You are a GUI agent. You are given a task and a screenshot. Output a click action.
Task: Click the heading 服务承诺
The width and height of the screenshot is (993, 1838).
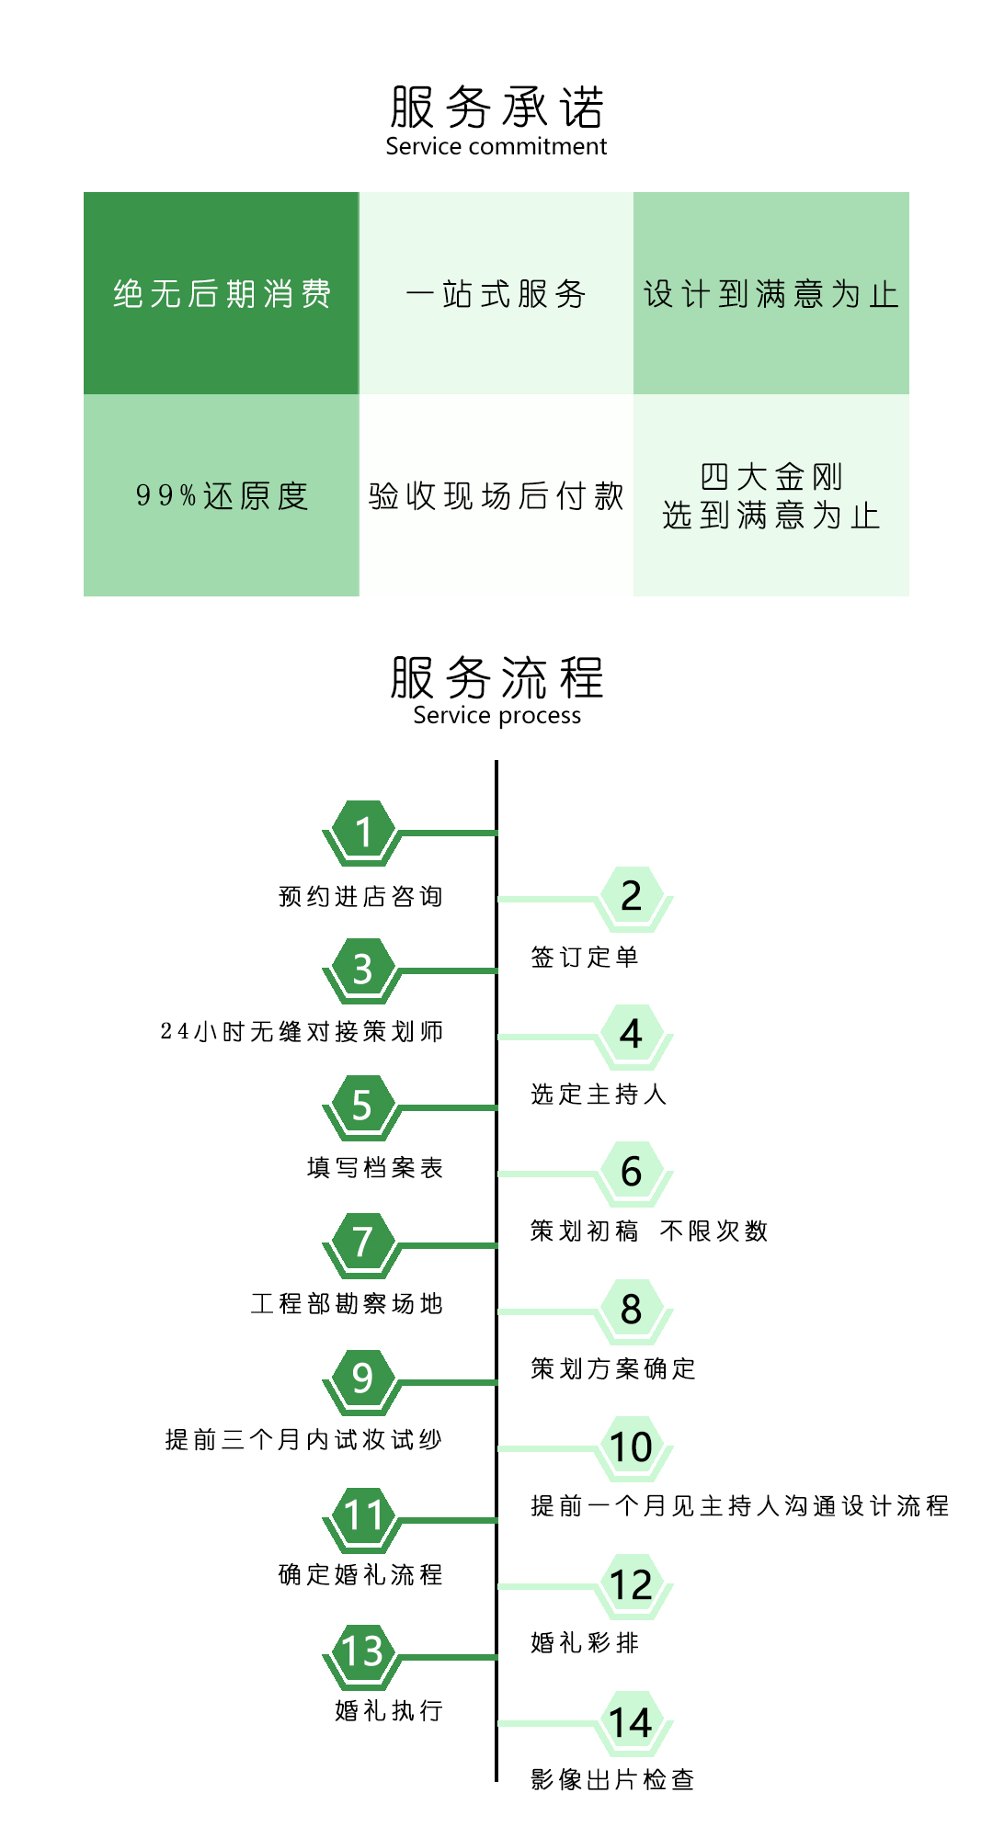[496, 107]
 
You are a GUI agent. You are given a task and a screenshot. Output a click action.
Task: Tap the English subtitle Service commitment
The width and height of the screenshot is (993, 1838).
[496, 147]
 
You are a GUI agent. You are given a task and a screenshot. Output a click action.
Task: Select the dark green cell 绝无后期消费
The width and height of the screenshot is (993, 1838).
[222, 293]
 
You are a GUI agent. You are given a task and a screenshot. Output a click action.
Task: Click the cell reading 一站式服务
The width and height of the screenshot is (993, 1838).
[496, 293]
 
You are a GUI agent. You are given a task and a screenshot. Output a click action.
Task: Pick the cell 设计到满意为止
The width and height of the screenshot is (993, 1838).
[771, 293]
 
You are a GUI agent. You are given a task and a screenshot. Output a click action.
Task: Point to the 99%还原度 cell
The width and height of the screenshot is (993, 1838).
[222, 495]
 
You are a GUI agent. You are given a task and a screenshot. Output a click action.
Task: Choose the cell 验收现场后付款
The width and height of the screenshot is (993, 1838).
[496, 495]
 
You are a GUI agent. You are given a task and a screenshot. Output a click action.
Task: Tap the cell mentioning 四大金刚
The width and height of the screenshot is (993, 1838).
[771, 495]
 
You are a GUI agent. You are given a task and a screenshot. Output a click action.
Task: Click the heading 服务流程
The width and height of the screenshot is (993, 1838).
[496, 677]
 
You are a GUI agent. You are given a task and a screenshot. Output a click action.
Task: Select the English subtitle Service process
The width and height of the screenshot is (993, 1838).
[496, 716]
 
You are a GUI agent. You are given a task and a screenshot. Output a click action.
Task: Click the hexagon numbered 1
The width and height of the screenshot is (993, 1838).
[363, 833]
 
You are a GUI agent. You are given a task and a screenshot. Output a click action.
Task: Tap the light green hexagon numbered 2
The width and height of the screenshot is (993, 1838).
[632, 899]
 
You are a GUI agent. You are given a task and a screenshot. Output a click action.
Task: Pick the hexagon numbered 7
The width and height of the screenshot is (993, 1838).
[363, 1244]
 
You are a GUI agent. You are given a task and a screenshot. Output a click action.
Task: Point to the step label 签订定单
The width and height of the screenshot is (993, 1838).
[585, 957]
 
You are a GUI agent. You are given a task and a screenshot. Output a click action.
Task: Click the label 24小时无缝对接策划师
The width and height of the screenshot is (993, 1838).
[302, 1031]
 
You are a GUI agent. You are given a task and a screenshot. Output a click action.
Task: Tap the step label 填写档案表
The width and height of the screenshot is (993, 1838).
[375, 1167]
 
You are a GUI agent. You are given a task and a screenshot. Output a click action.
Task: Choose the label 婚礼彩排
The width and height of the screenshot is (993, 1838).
[585, 1642]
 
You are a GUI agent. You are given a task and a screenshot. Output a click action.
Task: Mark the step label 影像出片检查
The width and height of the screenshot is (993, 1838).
[612, 1779]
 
